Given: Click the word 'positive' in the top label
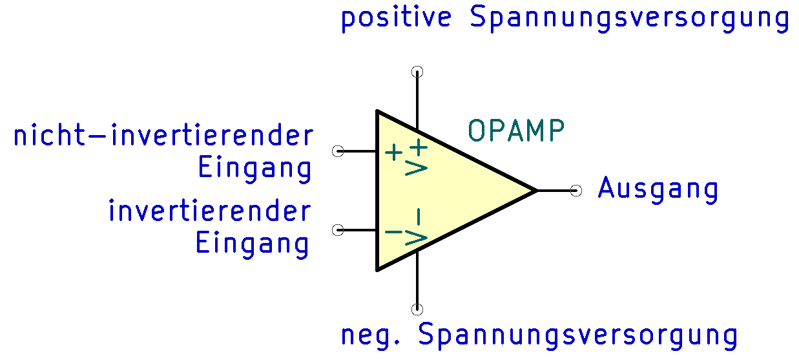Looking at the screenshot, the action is click(x=397, y=19).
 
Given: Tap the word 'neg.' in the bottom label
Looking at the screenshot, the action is click(x=371, y=335).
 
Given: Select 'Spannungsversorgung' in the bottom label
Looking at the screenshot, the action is click(x=578, y=335).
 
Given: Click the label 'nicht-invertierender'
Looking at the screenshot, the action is click(x=163, y=135).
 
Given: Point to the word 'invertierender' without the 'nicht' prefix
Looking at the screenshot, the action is click(x=210, y=211).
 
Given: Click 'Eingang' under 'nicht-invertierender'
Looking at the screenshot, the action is click(x=254, y=169).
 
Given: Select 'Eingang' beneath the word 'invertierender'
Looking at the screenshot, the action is click(x=252, y=244).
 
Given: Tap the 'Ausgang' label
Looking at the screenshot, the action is click(x=658, y=189).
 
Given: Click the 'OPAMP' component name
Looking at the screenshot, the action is click(x=516, y=131).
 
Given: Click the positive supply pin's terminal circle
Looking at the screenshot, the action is click(x=417, y=72).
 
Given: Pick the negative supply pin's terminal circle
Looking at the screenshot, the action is click(x=417, y=310).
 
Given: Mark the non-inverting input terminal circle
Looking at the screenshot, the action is click(x=338, y=151).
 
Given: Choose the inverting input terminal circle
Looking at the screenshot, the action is click(x=338, y=230).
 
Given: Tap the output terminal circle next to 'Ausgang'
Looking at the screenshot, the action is click(x=576, y=191).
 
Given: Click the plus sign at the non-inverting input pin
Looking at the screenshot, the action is click(x=394, y=153).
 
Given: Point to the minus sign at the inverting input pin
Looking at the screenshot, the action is click(x=393, y=232).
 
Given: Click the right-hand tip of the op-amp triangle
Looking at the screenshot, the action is click(x=537, y=191).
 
